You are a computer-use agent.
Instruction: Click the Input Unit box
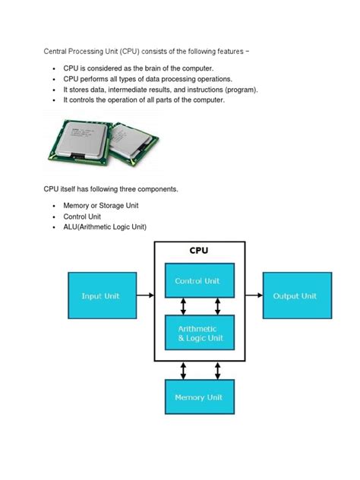point(103,295)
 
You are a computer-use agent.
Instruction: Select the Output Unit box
point(295,295)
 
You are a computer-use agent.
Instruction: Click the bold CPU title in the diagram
point(200,250)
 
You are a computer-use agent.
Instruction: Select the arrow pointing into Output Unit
point(254,295)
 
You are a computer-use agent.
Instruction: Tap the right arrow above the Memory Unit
point(216,370)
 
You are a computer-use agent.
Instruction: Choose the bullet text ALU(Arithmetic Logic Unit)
point(105,227)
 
